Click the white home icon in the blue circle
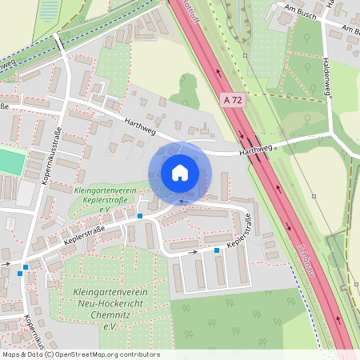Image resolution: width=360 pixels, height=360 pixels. (180, 173)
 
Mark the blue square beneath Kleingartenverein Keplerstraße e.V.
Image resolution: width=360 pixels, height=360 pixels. (139, 216)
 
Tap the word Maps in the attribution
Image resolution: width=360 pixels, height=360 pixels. (11, 354)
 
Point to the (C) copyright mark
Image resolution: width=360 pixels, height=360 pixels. (49, 354)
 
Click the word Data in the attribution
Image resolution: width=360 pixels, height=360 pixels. (34, 354)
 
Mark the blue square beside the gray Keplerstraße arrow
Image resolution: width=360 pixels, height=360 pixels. (217, 250)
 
